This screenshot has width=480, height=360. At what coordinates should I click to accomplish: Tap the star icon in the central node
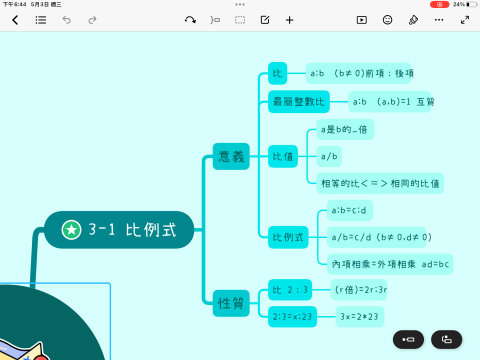click(x=71, y=230)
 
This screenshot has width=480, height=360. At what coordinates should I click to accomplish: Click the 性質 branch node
click(x=232, y=302)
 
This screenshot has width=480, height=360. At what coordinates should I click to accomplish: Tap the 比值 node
click(x=283, y=156)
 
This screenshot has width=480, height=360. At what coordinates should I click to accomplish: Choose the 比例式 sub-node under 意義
click(x=288, y=237)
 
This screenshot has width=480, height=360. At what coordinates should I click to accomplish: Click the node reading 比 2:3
click(x=291, y=290)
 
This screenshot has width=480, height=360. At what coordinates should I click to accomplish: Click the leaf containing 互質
click(x=391, y=101)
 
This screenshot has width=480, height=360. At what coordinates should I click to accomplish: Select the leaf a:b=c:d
click(x=351, y=210)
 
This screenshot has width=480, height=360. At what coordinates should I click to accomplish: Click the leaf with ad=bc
click(x=391, y=263)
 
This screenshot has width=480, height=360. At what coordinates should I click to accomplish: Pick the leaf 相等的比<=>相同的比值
click(x=380, y=182)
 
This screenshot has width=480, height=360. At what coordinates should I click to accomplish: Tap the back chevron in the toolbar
click(x=15, y=20)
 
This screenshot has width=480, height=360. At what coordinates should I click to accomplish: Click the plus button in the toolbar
click(x=290, y=20)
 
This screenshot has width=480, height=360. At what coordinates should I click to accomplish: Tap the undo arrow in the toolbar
click(x=67, y=20)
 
